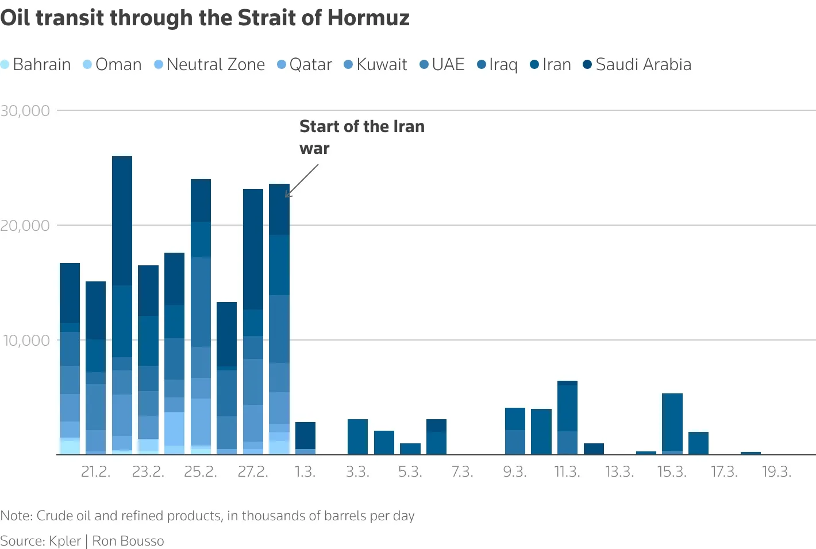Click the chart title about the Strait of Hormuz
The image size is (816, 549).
pyautogui.click(x=205, y=18)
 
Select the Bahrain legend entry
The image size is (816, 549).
pyautogui.click(x=36, y=64)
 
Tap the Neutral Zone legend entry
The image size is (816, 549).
pyautogui.click(x=210, y=64)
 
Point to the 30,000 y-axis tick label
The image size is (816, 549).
pyautogui.click(x=25, y=111)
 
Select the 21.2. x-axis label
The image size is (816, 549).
pyautogui.click(x=95, y=472)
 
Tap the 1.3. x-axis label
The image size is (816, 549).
pyautogui.click(x=305, y=472)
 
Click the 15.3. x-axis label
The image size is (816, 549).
pyautogui.click(x=672, y=472)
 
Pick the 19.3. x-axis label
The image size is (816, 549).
pyautogui.click(x=776, y=472)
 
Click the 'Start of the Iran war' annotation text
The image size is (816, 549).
pyautogui.click(x=361, y=137)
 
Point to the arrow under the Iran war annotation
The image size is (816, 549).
pyautogui.click(x=302, y=180)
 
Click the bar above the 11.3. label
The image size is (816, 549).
pyautogui.click(x=567, y=417)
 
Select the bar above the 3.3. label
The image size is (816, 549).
pyautogui.click(x=357, y=437)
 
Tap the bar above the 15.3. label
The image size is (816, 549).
pyautogui.click(x=672, y=424)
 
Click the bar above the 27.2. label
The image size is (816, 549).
pyautogui.click(x=253, y=322)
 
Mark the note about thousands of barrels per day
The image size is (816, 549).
pyautogui.click(x=207, y=516)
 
